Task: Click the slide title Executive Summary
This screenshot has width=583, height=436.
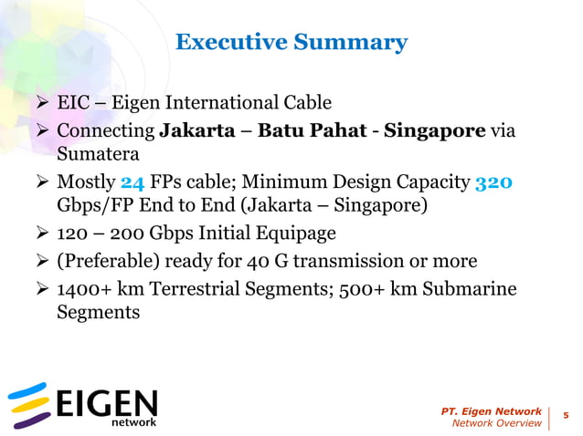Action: pyautogui.click(x=291, y=42)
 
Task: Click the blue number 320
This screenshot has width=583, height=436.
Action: pyautogui.click(x=494, y=182)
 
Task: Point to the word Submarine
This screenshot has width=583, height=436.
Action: pyautogui.click(x=468, y=288)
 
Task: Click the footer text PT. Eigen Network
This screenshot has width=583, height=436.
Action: pyautogui.click(x=490, y=410)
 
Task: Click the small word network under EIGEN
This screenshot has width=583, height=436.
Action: pyautogui.click(x=133, y=422)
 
